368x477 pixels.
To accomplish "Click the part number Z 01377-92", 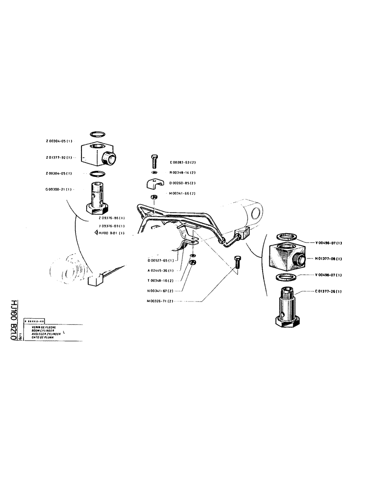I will point(57,157).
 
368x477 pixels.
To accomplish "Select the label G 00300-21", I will point(57,190).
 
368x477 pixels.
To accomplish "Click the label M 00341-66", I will point(181,194).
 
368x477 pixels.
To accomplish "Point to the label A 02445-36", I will point(160,270).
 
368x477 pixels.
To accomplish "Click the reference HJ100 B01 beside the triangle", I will point(112,233).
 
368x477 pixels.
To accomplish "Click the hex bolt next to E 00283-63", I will point(153,160).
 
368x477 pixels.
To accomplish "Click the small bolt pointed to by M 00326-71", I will point(237,262).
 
